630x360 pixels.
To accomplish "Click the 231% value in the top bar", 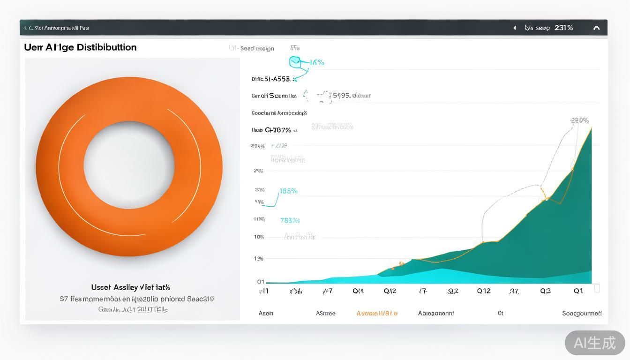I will pyautogui.click(x=563, y=28).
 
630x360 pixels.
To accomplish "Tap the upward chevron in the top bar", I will pyautogui.click(x=596, y=28).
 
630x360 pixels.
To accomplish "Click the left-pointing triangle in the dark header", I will pyautogui.click(x=514, y=28).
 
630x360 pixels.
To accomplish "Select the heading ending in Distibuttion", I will pyautogui.click(x=80, y=47).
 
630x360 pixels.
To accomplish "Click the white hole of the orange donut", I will pyautogui.click(x=129, y=165).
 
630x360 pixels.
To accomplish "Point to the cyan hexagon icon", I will pyautogui.click(x=295, y=61).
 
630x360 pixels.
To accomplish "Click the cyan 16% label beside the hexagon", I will pyautogui.click(x=317, y=62).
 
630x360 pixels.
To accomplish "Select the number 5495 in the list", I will pyautogui.click(x=341, y=96).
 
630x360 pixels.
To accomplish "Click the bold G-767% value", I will pyautogui.click(x=278, y=130).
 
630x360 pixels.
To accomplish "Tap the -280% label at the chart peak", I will pyautogui.click(x=579, y=120).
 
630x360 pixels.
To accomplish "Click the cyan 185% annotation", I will pyautogui.click(x=288, y=191).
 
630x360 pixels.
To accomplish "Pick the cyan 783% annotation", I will pyautogui.click(x=290, y=220).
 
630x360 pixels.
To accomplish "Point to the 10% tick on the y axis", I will pyautogui.click(x=259, y=237).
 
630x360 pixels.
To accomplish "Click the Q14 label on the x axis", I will pyautogui.click(x=358, y=291).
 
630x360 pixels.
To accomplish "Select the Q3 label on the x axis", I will pyautogui.click(x=545, y=291).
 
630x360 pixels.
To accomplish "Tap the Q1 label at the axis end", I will pyautogui.click(x=578, y=291).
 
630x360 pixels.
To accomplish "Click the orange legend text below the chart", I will pyautogui.click(x=377, y=313).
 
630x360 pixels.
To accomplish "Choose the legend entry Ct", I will pyautogui.click(x=500, y=313).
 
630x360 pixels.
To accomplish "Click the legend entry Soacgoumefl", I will pyautogui.click(x=582, y=313).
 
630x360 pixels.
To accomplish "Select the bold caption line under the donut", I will pyautogui.click(x=130, y=287).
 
